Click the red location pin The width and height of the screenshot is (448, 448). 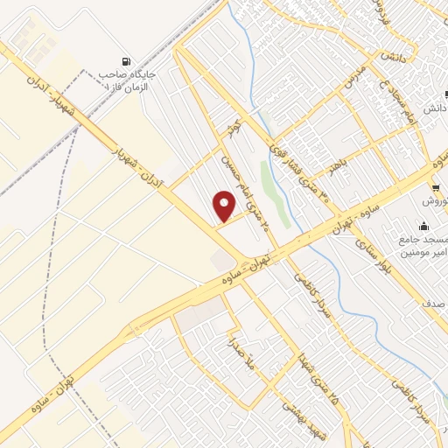226,206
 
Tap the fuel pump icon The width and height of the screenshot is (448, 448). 129,62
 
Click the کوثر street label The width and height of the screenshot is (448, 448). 234,122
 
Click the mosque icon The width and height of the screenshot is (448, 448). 423,226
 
